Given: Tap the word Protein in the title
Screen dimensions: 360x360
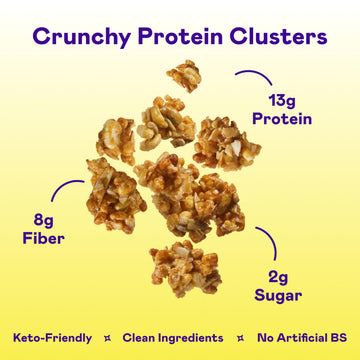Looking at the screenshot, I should pos(179,38).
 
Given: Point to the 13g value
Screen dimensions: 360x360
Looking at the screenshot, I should pos(289,100).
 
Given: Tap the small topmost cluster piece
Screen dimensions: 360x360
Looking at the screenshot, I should pos(185,75).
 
